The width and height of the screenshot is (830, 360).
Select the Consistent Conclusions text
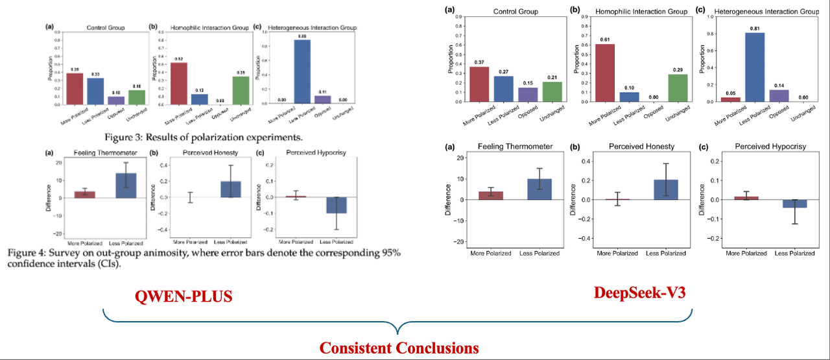[399, 348]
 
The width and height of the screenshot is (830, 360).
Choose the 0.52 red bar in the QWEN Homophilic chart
[179, 83]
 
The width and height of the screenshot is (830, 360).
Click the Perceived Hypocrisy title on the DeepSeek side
[770, 147]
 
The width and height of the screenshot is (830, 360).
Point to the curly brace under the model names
[399, 322]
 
